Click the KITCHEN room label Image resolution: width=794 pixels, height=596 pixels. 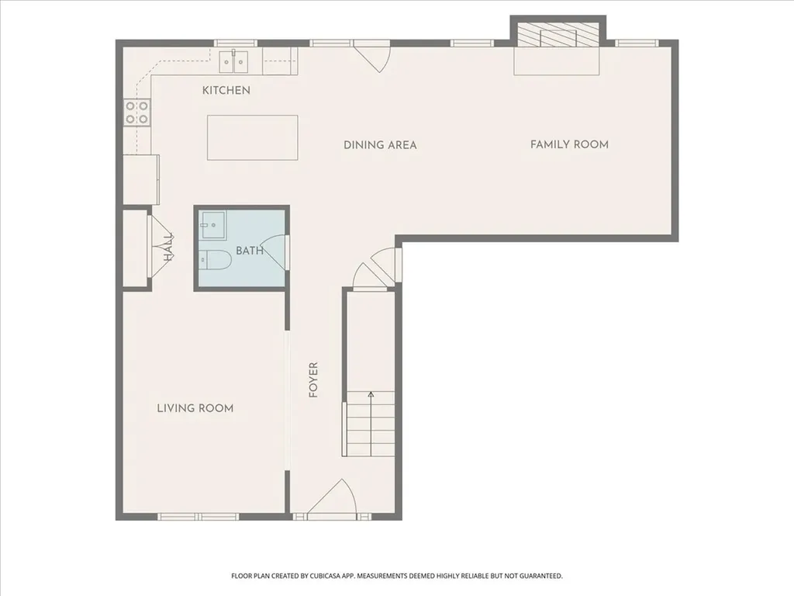(226, 90)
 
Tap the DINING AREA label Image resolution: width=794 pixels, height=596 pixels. (380, 145)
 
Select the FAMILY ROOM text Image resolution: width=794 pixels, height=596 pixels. (569, 144)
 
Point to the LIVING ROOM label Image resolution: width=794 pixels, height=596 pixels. (195, 408)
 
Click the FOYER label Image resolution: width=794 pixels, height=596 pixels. (313, 379)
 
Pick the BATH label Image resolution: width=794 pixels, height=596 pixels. (249, 251)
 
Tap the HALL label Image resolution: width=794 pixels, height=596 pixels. (168, 248)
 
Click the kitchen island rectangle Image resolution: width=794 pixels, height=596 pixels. (252, 137)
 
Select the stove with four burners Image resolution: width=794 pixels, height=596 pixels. (137, 112)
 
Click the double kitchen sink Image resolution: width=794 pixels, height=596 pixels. (234, 61)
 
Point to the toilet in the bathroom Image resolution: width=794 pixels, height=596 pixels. (216, 260)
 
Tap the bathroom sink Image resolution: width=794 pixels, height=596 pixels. (212, 226)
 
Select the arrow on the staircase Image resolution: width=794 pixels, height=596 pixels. (371, 423)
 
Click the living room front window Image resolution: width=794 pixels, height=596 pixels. (198, 516)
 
